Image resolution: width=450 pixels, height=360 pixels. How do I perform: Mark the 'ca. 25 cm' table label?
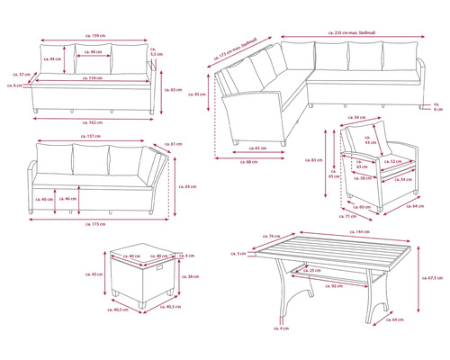pos(313,270)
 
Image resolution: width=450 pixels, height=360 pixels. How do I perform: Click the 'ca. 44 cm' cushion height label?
pos(54,59)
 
